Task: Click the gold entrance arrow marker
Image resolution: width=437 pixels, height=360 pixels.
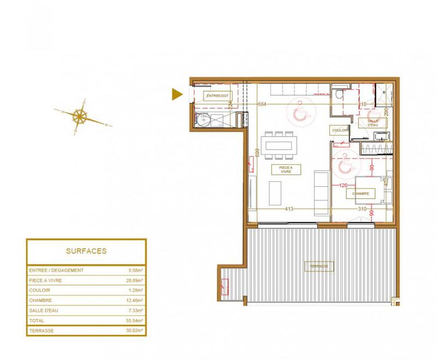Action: [176, 95]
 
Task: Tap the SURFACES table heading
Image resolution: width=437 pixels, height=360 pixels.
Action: [86, 251]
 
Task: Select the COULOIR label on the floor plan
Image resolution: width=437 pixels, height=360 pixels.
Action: [339, 131]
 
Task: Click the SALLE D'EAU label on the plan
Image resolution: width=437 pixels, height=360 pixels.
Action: [373, 123]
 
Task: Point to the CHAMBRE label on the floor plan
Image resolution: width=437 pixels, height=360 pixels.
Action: [361, 193]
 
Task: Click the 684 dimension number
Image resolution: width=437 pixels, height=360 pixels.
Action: [262, 104]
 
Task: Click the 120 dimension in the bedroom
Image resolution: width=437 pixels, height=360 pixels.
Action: [344, 186]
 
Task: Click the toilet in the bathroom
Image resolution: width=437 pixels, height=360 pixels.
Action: [339, 95]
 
